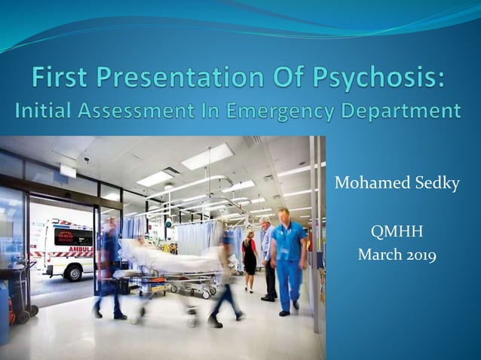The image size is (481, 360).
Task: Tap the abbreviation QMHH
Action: tap(397, 230)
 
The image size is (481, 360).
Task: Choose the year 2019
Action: tap(420, 255)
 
